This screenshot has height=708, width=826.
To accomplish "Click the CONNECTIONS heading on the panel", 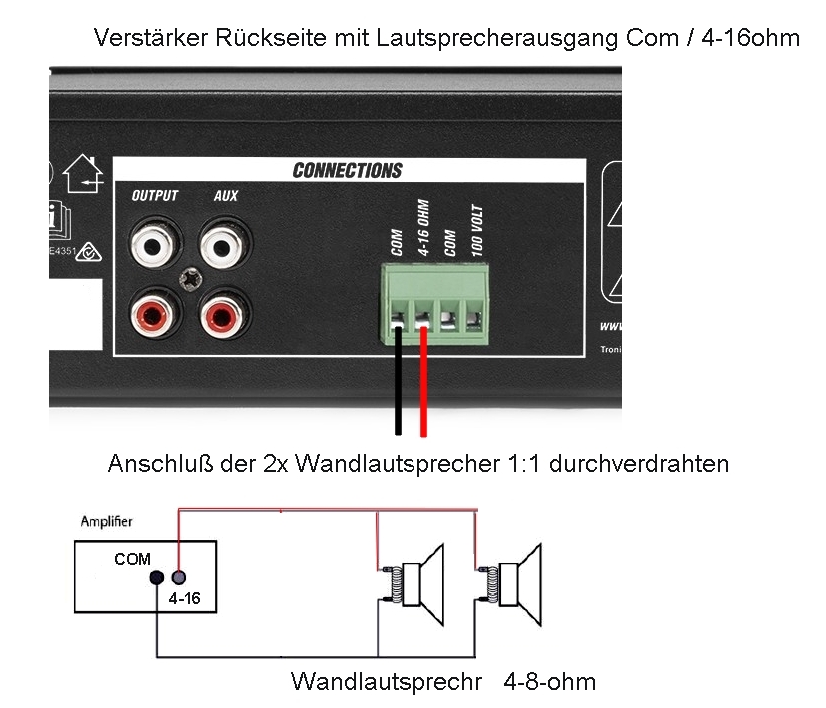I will [347, 170].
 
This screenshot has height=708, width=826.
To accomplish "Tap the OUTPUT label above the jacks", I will [154, 196].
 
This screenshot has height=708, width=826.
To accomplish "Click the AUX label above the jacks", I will [226, 196].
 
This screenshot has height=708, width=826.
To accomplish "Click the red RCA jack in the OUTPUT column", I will [154, 316].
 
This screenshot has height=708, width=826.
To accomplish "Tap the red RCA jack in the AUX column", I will [225, 316].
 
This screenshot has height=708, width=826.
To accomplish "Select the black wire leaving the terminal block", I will [398, 384].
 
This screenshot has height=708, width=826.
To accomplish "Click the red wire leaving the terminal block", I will [423, 384].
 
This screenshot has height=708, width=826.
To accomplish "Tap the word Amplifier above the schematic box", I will [106, 522].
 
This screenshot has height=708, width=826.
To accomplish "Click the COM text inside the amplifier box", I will [132, 559].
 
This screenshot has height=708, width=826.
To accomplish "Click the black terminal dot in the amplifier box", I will [157, 578].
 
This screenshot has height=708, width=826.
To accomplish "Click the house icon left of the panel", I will [83, 177].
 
